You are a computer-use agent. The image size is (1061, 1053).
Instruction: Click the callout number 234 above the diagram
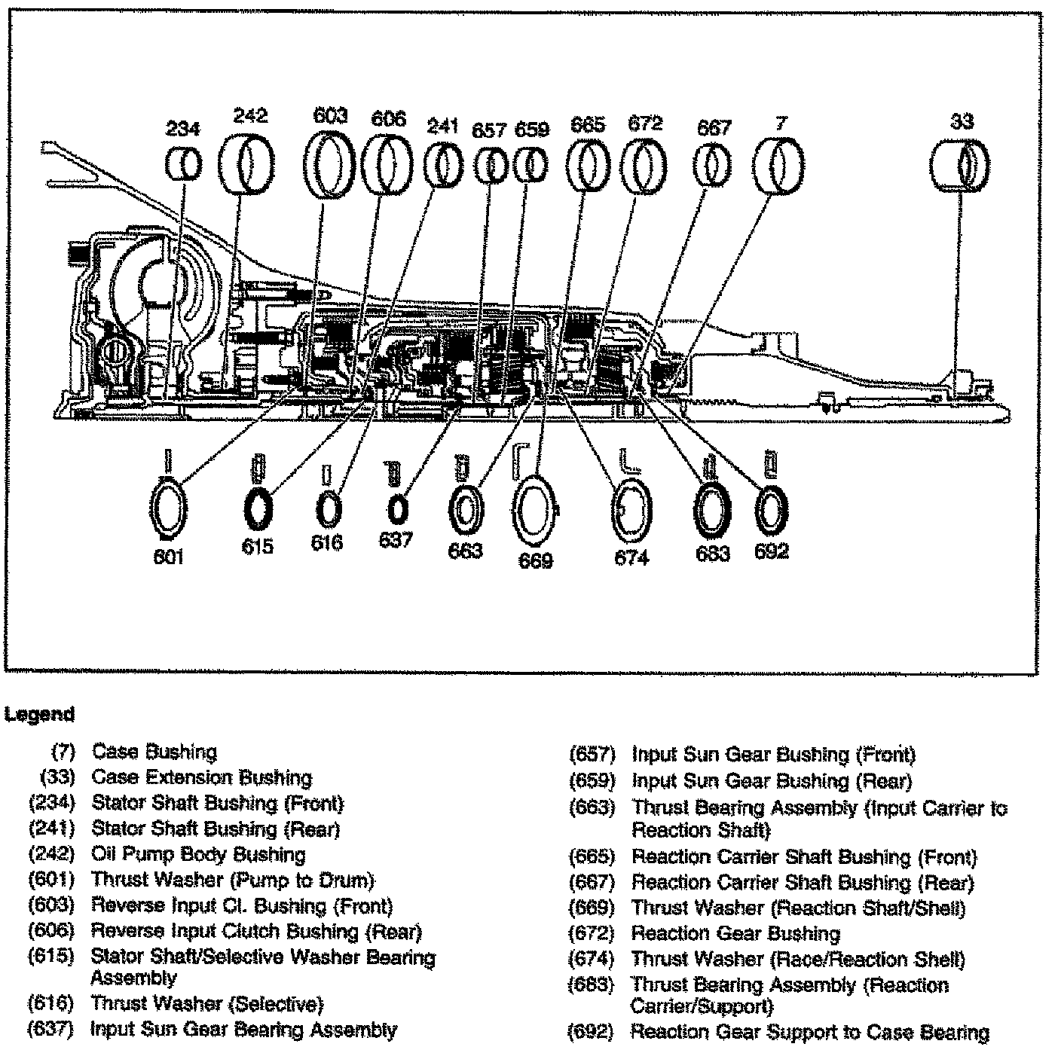183,129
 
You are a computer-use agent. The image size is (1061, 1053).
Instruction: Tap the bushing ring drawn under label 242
248,164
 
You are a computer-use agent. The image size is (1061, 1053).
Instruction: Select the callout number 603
330,115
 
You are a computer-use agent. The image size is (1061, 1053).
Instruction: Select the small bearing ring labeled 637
396,510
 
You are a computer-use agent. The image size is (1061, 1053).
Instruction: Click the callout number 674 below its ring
631,558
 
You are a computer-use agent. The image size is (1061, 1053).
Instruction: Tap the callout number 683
712,554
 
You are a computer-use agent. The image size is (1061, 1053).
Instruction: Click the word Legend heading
41,714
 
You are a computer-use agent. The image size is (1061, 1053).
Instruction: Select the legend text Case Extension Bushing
202,777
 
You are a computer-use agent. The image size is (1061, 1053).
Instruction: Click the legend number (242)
52,855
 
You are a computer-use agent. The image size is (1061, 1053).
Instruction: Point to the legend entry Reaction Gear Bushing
735,934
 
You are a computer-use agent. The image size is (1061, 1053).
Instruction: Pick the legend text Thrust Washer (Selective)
207,1004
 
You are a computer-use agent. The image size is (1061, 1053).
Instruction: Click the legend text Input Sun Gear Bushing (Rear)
772,781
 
